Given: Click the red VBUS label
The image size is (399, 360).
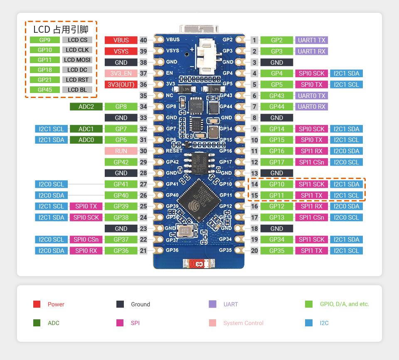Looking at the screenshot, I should pos(121,40).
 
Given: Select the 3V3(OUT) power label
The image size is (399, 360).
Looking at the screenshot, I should pos(121,85).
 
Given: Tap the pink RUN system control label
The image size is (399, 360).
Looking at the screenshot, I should pos(121,151).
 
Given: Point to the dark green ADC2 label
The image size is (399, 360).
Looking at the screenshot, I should pos(86,107).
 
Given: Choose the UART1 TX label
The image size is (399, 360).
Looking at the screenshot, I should pos(311,40).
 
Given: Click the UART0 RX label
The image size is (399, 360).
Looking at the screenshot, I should pos(311,107).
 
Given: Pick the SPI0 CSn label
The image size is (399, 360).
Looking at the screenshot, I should pos(86,240).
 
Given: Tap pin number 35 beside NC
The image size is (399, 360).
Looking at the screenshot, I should pos(143,96).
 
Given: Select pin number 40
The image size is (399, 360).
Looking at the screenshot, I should pos(143,40).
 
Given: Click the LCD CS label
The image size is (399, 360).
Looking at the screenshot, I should pos(77,40).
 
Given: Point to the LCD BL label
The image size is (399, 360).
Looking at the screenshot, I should pos(77,90).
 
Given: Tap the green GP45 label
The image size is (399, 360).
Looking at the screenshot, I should pos(44,90).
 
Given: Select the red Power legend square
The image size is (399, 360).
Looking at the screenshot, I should pos(37,304).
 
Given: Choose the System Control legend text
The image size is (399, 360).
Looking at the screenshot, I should pos(243,323).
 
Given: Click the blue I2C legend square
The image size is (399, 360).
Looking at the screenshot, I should pos(308,323).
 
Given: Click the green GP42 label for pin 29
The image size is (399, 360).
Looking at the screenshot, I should pos(121,162).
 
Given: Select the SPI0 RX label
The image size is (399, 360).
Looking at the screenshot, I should pos(86,251).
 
